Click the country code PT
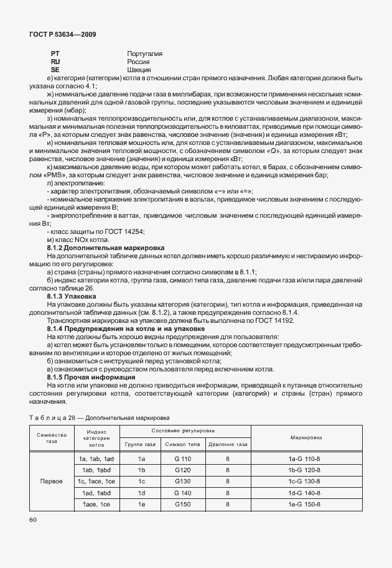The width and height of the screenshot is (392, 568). point(55,54)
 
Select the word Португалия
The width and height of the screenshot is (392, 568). point(144,54)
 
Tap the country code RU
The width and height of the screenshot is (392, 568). point(55,62)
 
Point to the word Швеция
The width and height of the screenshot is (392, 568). point(138,70)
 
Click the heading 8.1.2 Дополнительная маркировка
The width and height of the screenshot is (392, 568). point(105,248)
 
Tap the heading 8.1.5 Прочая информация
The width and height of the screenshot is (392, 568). point(91,377)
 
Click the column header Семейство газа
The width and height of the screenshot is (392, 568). point(52,437)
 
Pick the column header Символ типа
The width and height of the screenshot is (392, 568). point(182,445)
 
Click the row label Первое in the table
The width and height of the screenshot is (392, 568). point(52,481)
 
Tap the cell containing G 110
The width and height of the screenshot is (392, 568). point(182,459)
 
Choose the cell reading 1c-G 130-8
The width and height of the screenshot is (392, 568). point(305,481)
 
